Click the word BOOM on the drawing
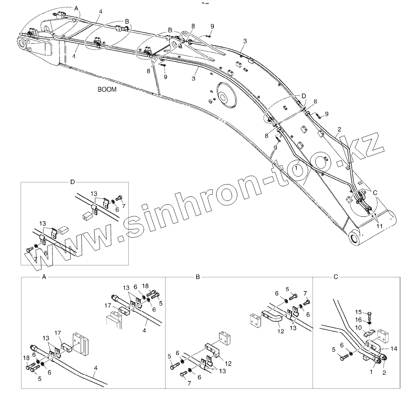(x=107, y=89)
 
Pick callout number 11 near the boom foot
(x=379, y=226)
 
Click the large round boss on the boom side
(x=223, y=97)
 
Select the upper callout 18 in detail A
(x=145, y=285)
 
